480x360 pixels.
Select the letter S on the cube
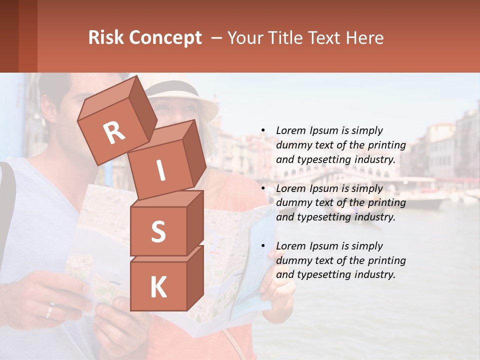(158, 231)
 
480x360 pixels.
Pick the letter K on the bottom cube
(158, 287)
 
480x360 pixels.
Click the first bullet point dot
(263, 130)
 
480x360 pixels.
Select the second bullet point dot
(263, 188)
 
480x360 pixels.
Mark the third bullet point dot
(263, 246)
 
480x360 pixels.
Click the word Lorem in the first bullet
(290, 130)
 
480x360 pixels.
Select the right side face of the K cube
(194, 277)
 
